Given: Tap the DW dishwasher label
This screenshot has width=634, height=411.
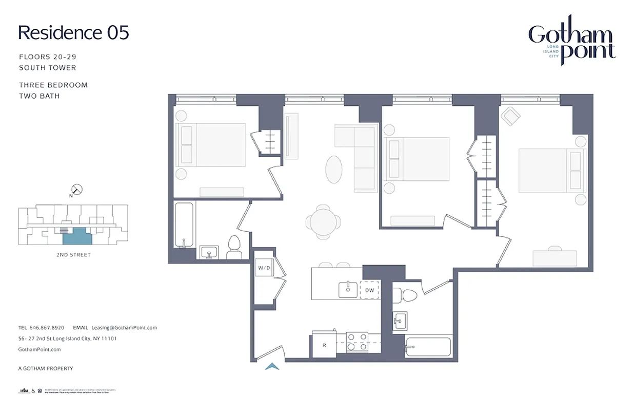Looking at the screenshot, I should point(370,290).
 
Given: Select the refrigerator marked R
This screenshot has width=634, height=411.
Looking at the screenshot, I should point(324,345).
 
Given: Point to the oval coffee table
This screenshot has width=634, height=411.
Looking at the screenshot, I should point(334,170).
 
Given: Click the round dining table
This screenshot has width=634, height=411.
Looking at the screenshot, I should point(323,221).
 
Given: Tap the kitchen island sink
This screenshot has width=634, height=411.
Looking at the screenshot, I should point(348,289).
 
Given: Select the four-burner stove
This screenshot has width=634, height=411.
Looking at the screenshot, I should point(358,342).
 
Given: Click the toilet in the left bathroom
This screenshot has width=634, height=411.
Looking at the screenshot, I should point(234,248).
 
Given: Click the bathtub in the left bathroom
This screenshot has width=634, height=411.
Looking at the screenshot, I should point(184,225).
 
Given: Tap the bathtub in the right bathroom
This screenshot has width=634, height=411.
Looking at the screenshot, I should point(427,347).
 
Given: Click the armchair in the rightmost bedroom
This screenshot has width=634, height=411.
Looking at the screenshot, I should point(511,117).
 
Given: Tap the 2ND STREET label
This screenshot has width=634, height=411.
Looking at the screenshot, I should point(73,255).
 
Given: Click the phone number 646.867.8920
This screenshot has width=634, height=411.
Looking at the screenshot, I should point(47,327).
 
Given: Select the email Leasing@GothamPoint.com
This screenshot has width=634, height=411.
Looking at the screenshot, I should point(124,327).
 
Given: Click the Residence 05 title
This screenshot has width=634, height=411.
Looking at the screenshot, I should point(73,32).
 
